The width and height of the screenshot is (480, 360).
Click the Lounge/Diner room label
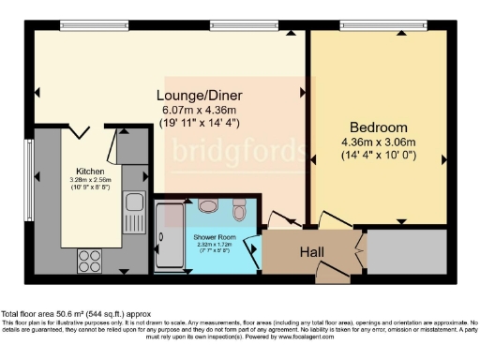[195, 96]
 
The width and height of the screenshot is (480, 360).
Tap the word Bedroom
[378, 127]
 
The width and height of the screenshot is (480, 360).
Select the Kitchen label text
[90, 172]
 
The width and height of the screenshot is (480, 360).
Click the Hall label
[311, 252]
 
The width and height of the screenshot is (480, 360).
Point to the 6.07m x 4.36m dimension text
[195, 109]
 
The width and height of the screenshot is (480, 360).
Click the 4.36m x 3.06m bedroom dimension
[378, 142]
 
